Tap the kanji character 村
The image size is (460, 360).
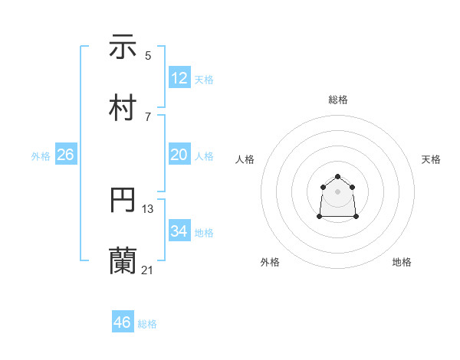click(123, 108)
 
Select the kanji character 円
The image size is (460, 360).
click(123, 200)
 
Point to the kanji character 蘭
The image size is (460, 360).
click(123, 261)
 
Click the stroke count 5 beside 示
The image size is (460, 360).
click(148, 55)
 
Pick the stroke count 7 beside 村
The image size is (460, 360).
click(148, 116)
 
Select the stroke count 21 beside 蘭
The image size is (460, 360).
click(148, 270)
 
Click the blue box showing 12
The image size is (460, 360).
click(179, 78)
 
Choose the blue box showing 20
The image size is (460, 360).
click(179, 155)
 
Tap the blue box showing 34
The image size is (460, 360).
click(179, 231)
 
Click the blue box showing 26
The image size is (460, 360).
click(66, 155)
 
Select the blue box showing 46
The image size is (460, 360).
click(123, 322)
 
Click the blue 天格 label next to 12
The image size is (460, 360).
click(203, 80)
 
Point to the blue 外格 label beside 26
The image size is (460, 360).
click(41, 156)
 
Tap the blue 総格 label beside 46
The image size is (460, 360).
click(147, 324)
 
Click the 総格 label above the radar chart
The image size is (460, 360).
click(338, 100)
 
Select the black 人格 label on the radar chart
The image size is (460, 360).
click(245, 159)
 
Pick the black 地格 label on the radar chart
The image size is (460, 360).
click(402, 262)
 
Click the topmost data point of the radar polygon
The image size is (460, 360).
click(337, 176)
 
